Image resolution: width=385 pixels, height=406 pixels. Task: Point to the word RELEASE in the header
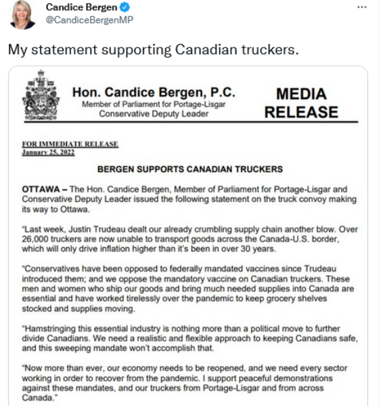[302, 112]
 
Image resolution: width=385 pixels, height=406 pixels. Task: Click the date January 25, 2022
[47, 153]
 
